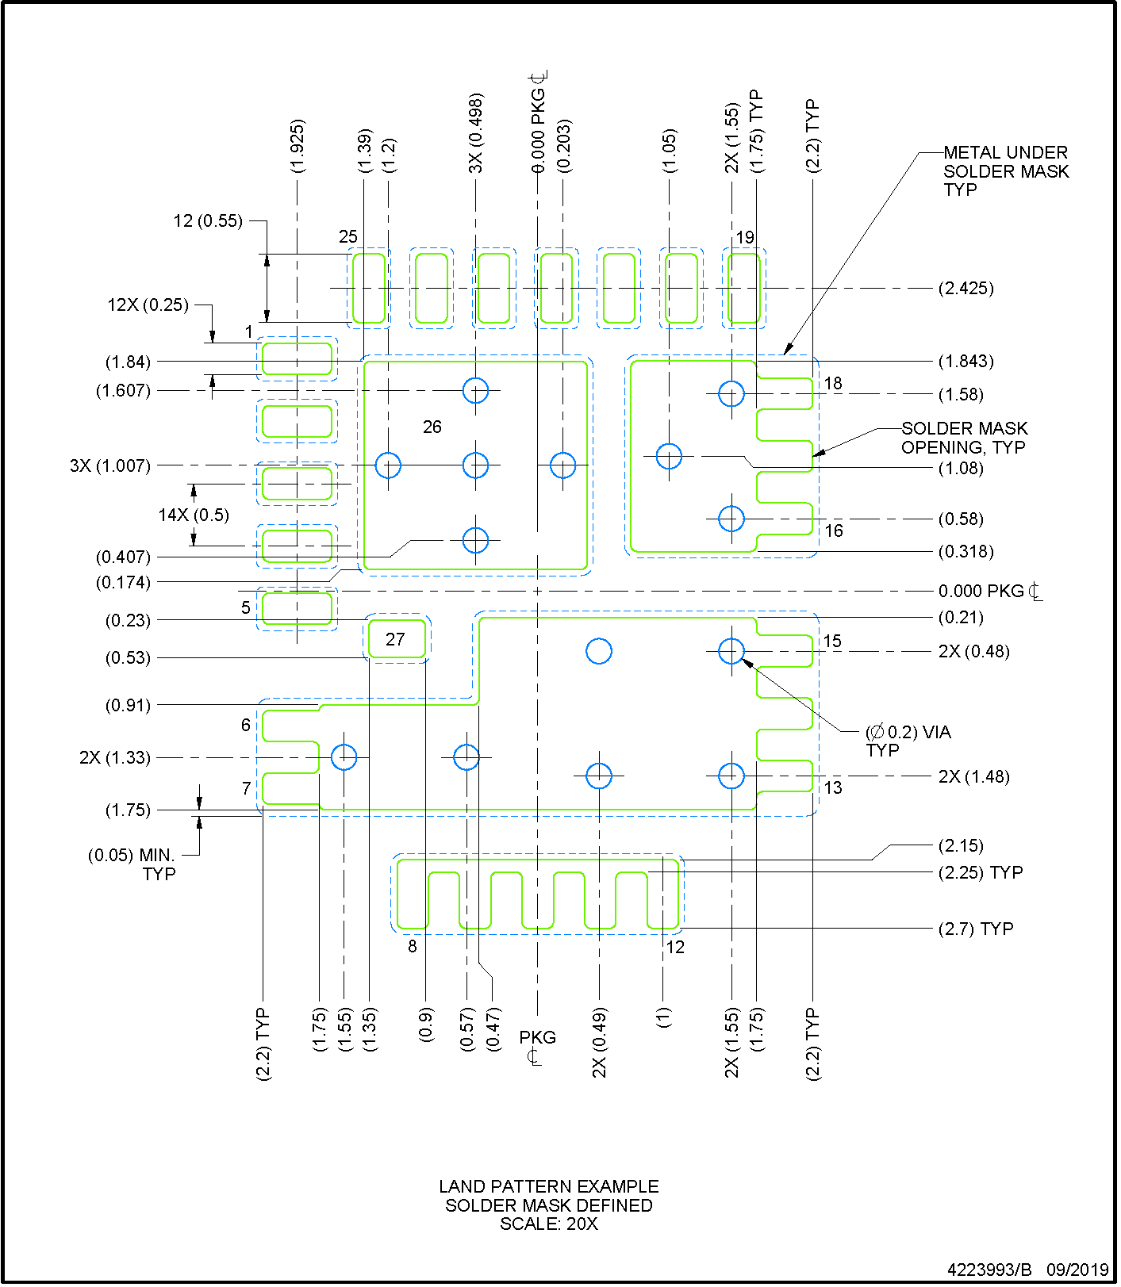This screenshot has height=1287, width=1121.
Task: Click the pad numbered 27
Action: (396, 639)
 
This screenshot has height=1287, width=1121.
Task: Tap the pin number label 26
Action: (432, 427)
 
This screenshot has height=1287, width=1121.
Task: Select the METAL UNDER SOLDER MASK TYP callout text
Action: (1005, 170)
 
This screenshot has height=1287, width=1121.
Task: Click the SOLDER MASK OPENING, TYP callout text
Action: (964, 438)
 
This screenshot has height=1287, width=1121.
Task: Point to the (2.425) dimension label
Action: (966, 288)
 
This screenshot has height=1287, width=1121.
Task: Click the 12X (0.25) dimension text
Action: (148, 305)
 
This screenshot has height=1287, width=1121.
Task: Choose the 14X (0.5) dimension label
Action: (194, 515)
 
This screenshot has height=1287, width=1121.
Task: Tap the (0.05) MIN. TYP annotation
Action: (132, 864)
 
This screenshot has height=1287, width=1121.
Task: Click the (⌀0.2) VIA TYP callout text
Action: (908, 741)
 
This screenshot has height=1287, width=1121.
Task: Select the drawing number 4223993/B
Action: (989, 1269)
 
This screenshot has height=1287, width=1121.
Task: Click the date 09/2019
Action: (1077, 1269)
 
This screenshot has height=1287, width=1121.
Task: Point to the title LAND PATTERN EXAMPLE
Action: (548, 1186)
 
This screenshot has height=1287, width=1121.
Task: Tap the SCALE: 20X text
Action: (548, 1224)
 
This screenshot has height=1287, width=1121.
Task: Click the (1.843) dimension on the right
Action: (966, 361)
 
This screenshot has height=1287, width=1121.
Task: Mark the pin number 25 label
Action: (347, 236)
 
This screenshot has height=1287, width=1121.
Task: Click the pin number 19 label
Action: (745, 237)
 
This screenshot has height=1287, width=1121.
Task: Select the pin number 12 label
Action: (674, 947)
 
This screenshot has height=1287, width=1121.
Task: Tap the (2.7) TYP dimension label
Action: (975, 929)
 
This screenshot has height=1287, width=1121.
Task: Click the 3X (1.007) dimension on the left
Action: (110, 465)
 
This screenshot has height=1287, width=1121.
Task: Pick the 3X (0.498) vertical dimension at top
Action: (475, 133)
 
